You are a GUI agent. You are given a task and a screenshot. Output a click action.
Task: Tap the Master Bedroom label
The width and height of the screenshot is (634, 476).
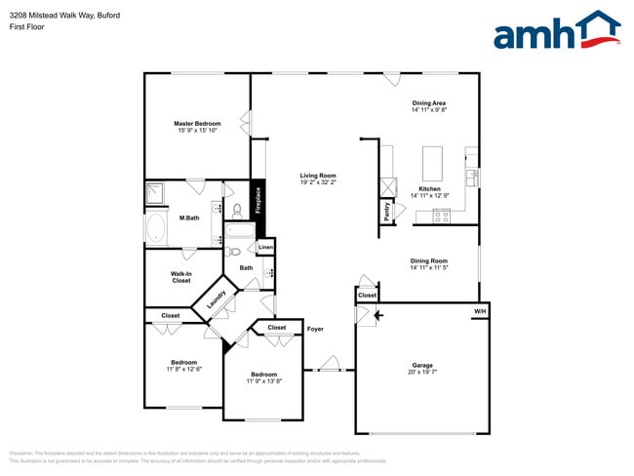click(x=197, y=124)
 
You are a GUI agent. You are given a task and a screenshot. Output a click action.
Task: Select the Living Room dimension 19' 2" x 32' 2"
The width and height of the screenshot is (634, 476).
click(x=318, y=182)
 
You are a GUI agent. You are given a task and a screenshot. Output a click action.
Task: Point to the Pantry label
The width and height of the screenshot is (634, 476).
click(x=387, y=213)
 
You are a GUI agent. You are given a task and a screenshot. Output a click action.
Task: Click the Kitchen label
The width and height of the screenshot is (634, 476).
click(x=429, y=188)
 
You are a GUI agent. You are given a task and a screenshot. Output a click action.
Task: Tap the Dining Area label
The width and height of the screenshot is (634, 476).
click(x=429, y=102)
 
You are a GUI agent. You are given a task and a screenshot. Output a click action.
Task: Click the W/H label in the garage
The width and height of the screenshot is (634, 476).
click(x=479, y=311)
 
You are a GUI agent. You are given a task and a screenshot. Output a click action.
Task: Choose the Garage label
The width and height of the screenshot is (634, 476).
click(x=422, y=366)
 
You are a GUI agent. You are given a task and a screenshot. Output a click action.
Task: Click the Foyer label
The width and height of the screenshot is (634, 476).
click(x=315, y=329)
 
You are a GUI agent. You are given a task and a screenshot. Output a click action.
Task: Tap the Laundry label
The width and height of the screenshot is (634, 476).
click(x=216, y=300)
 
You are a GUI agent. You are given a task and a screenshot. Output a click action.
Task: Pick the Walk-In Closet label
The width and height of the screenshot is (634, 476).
click(x=181, y=277)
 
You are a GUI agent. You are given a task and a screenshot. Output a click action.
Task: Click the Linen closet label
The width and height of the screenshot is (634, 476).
click(x=265, y=248)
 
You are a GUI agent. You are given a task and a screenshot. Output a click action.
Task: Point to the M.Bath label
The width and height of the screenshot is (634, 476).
click(x=189, y=218)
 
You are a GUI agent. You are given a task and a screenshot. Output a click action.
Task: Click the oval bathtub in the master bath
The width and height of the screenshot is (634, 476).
click(x=156, y=229)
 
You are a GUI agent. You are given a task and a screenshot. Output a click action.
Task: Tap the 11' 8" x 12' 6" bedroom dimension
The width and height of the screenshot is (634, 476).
click(x=183, y=369)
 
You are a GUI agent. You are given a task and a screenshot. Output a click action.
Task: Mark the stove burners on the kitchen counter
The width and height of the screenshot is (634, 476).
click(x=442, y=218)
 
